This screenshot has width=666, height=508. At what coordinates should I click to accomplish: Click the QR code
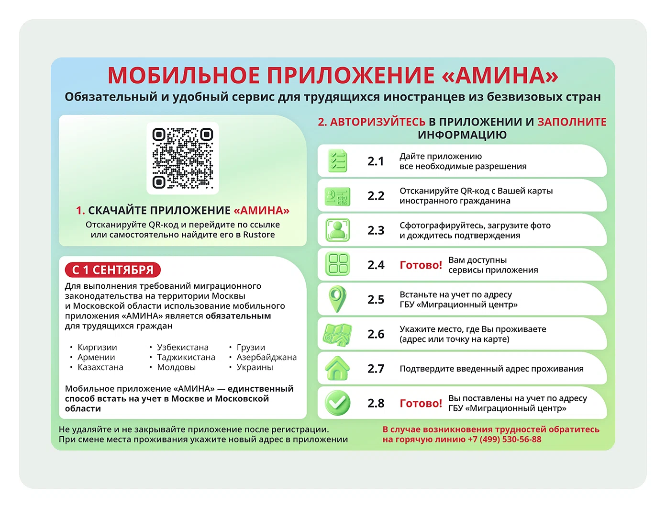click(x=183, y=158)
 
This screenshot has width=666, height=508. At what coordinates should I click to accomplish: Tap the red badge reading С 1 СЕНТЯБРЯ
click(x=113, y=270)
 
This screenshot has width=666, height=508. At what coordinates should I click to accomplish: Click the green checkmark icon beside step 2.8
click(x=337, y=403)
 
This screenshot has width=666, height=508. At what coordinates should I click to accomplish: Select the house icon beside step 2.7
click(x=337, y=369)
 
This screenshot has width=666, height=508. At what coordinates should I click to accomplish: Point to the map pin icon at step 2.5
click(x=337, y=299)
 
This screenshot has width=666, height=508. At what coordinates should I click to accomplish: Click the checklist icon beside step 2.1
click(x=337, y=161)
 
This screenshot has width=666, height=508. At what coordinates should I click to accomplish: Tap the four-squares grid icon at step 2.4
click(x=337, y=264)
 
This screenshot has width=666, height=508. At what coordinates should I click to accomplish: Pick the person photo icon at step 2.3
click(x=337, y=230)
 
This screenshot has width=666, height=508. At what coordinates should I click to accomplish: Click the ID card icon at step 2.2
click(x=337, y=196)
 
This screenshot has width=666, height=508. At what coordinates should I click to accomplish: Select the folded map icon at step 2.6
click(x=337, y=334)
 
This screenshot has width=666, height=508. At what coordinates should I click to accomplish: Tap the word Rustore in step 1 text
click(x=259, y=235)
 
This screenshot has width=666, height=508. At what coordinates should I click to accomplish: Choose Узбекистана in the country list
click(x=183, y=347)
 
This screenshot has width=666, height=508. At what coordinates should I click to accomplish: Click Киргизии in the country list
click(x=97, y=347)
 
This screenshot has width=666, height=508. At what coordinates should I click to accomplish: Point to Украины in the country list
click(x=255, y=367)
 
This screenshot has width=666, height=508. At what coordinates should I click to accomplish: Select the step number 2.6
click(x=376, y=334)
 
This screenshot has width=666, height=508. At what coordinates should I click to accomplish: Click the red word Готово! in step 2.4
click(x=421, y=265)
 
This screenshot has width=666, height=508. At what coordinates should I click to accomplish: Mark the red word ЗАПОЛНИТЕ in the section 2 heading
click(x=572, y=122)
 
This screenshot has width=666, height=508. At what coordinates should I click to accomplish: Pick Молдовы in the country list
click(x=176, y=367)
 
